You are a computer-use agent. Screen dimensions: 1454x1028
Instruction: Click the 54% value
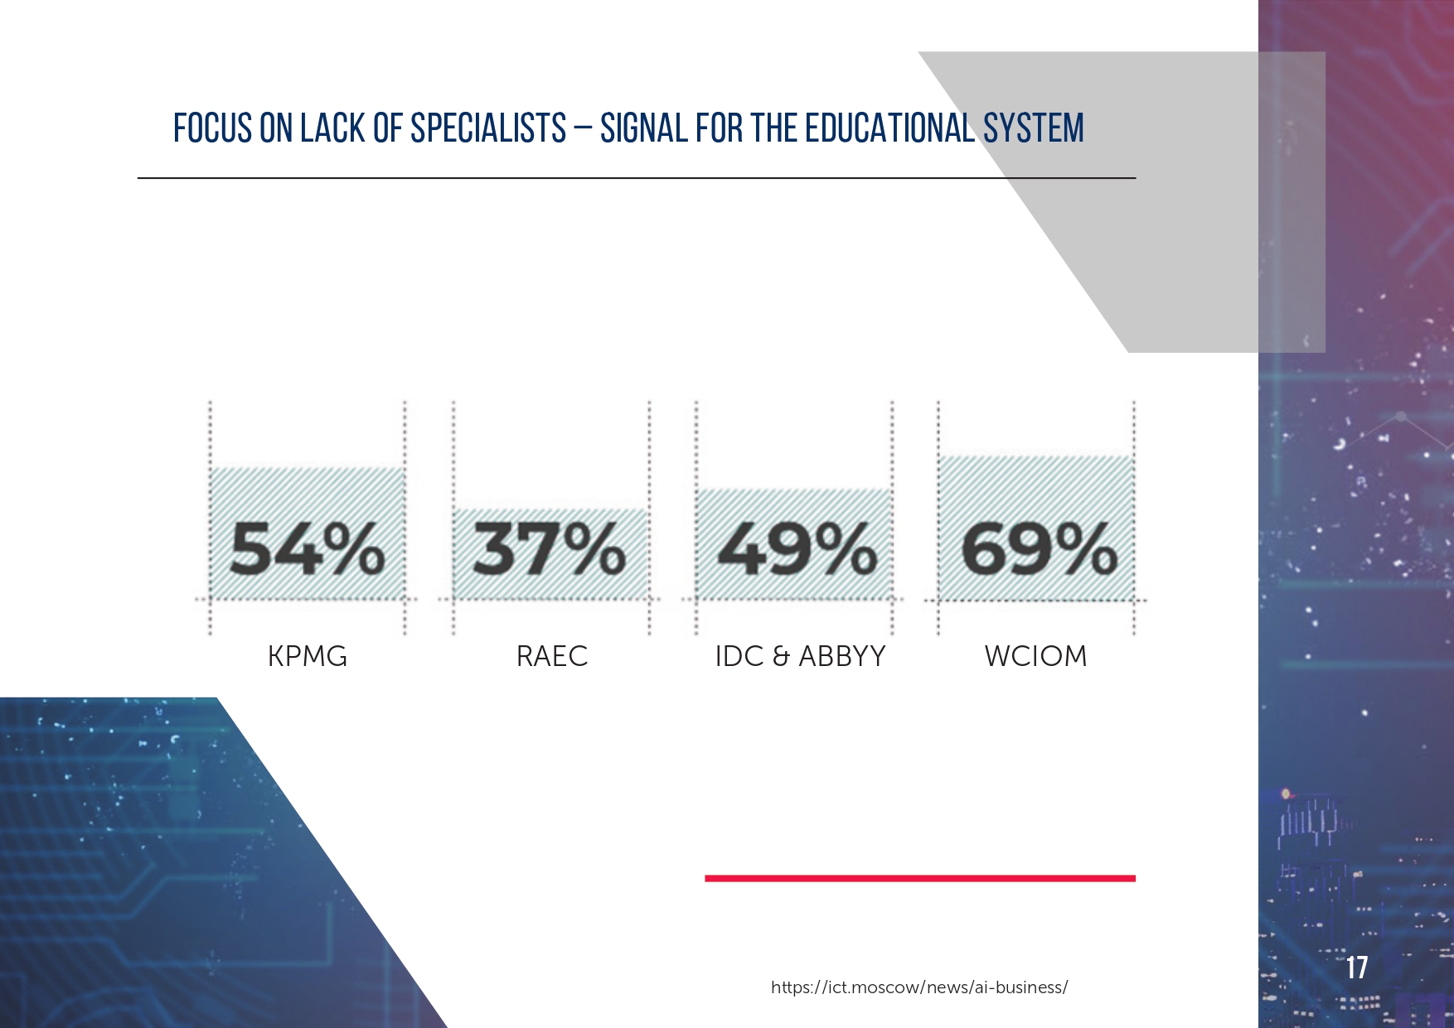pos(307,549)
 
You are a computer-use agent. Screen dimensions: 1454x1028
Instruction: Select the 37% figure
pos(549,549)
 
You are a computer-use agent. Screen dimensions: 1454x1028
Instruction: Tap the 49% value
pos(797,549)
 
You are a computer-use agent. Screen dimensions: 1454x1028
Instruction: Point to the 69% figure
pos(1039,549)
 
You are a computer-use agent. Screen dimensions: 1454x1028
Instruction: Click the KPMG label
pos(308,656)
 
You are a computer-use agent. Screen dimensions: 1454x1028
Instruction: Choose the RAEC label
pos(552,656)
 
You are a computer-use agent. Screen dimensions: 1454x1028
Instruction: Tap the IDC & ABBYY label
pos(800,656)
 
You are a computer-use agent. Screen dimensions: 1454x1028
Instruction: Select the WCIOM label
pos(1035,656)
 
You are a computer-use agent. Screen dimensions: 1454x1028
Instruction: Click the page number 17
pos(1357,968)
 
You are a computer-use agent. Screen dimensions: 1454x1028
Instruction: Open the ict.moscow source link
pos(919,987)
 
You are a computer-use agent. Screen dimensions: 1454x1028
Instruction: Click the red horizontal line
pos(920,878)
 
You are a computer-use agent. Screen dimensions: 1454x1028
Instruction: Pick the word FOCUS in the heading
pos(212,128)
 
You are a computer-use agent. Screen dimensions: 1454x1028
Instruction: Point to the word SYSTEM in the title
pos(1034,128)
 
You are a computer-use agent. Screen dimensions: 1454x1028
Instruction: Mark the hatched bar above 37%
pos(550,553)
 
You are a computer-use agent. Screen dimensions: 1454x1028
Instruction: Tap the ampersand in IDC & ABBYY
pos(780,657)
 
